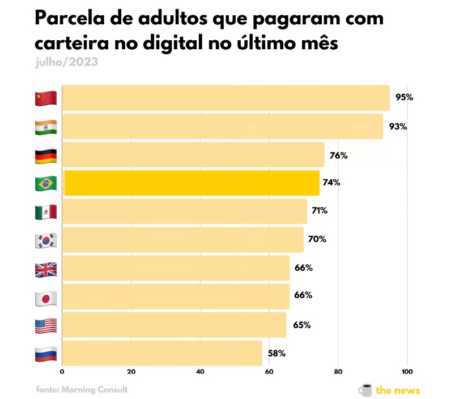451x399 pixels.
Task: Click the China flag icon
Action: [46, 98]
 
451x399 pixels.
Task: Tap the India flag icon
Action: [46, 127]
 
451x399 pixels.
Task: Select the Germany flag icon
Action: [46, 155]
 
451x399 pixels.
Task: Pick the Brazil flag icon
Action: [46, 184]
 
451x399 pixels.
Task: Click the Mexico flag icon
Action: [46, 212]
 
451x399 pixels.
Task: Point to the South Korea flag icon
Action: [46, 240]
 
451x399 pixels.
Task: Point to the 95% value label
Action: [404, 97]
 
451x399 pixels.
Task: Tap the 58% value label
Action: [276, 354]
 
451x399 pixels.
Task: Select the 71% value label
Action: [320, 211]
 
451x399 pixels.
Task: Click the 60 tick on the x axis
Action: [269, 372]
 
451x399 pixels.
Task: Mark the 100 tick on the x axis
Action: [406, 372]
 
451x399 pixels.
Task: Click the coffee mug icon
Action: [365, 389]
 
